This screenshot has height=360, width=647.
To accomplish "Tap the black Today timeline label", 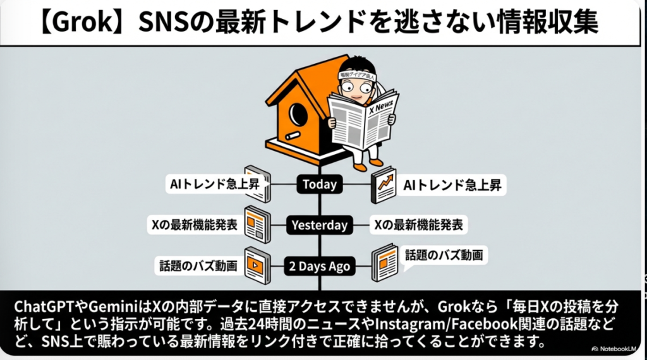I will [x=320, y=185].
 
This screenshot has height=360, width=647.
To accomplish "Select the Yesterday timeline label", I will [x=320, y=225].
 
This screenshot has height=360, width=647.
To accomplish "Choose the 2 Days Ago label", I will [x=320, y=266].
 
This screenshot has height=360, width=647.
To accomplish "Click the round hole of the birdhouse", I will [x=297, y=114].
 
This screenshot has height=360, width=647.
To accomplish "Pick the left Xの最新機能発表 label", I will [x=195, y=225].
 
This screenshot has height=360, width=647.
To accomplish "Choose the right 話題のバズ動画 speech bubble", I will [x=444, y=256].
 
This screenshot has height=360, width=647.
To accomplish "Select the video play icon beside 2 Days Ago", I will [x=257, y=265].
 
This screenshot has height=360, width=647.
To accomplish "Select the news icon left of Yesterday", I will [x=257, y=224].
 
